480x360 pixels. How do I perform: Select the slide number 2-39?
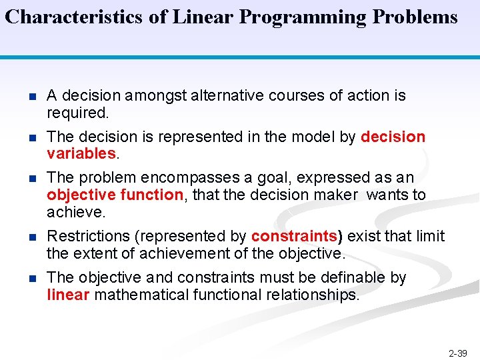pos(458,353)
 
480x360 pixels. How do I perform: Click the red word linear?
pos(68,295)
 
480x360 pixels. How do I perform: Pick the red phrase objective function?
pos(115,195)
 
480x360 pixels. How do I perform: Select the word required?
pos(77,113)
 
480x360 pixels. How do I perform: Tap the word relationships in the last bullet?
pos(313,295)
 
